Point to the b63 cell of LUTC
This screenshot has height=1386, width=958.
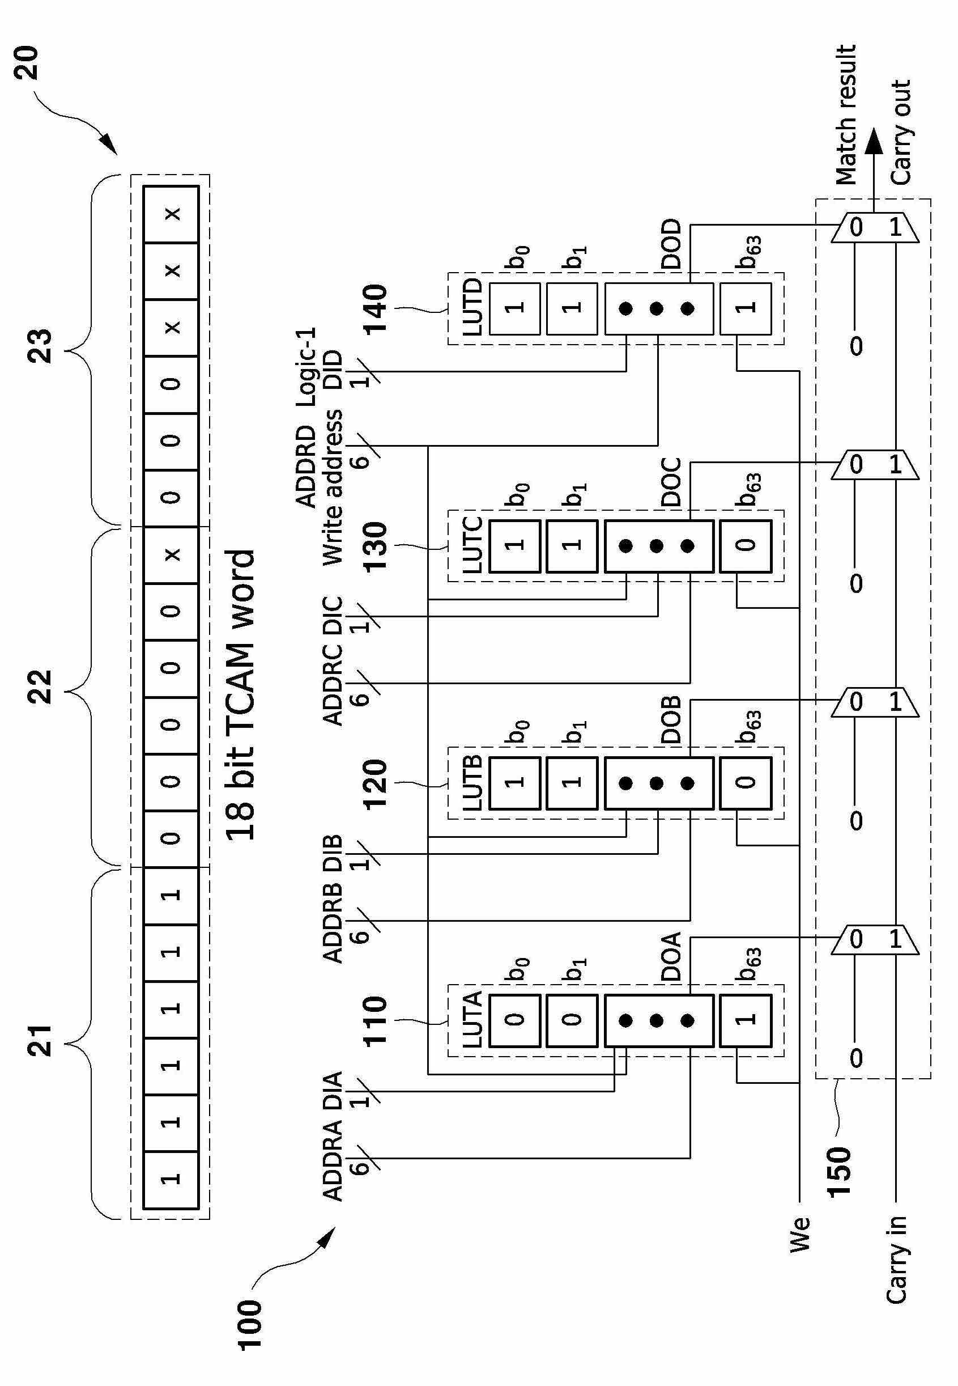(x=746, y=546)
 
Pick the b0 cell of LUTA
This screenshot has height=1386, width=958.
(x=515, y=1020)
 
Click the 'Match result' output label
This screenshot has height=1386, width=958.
(x=846, y=114)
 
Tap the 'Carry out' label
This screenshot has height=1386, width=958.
(x=900, y=132)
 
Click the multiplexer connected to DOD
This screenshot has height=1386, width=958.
(x=876, y=227)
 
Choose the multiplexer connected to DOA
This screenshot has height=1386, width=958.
(x=876, y=939)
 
